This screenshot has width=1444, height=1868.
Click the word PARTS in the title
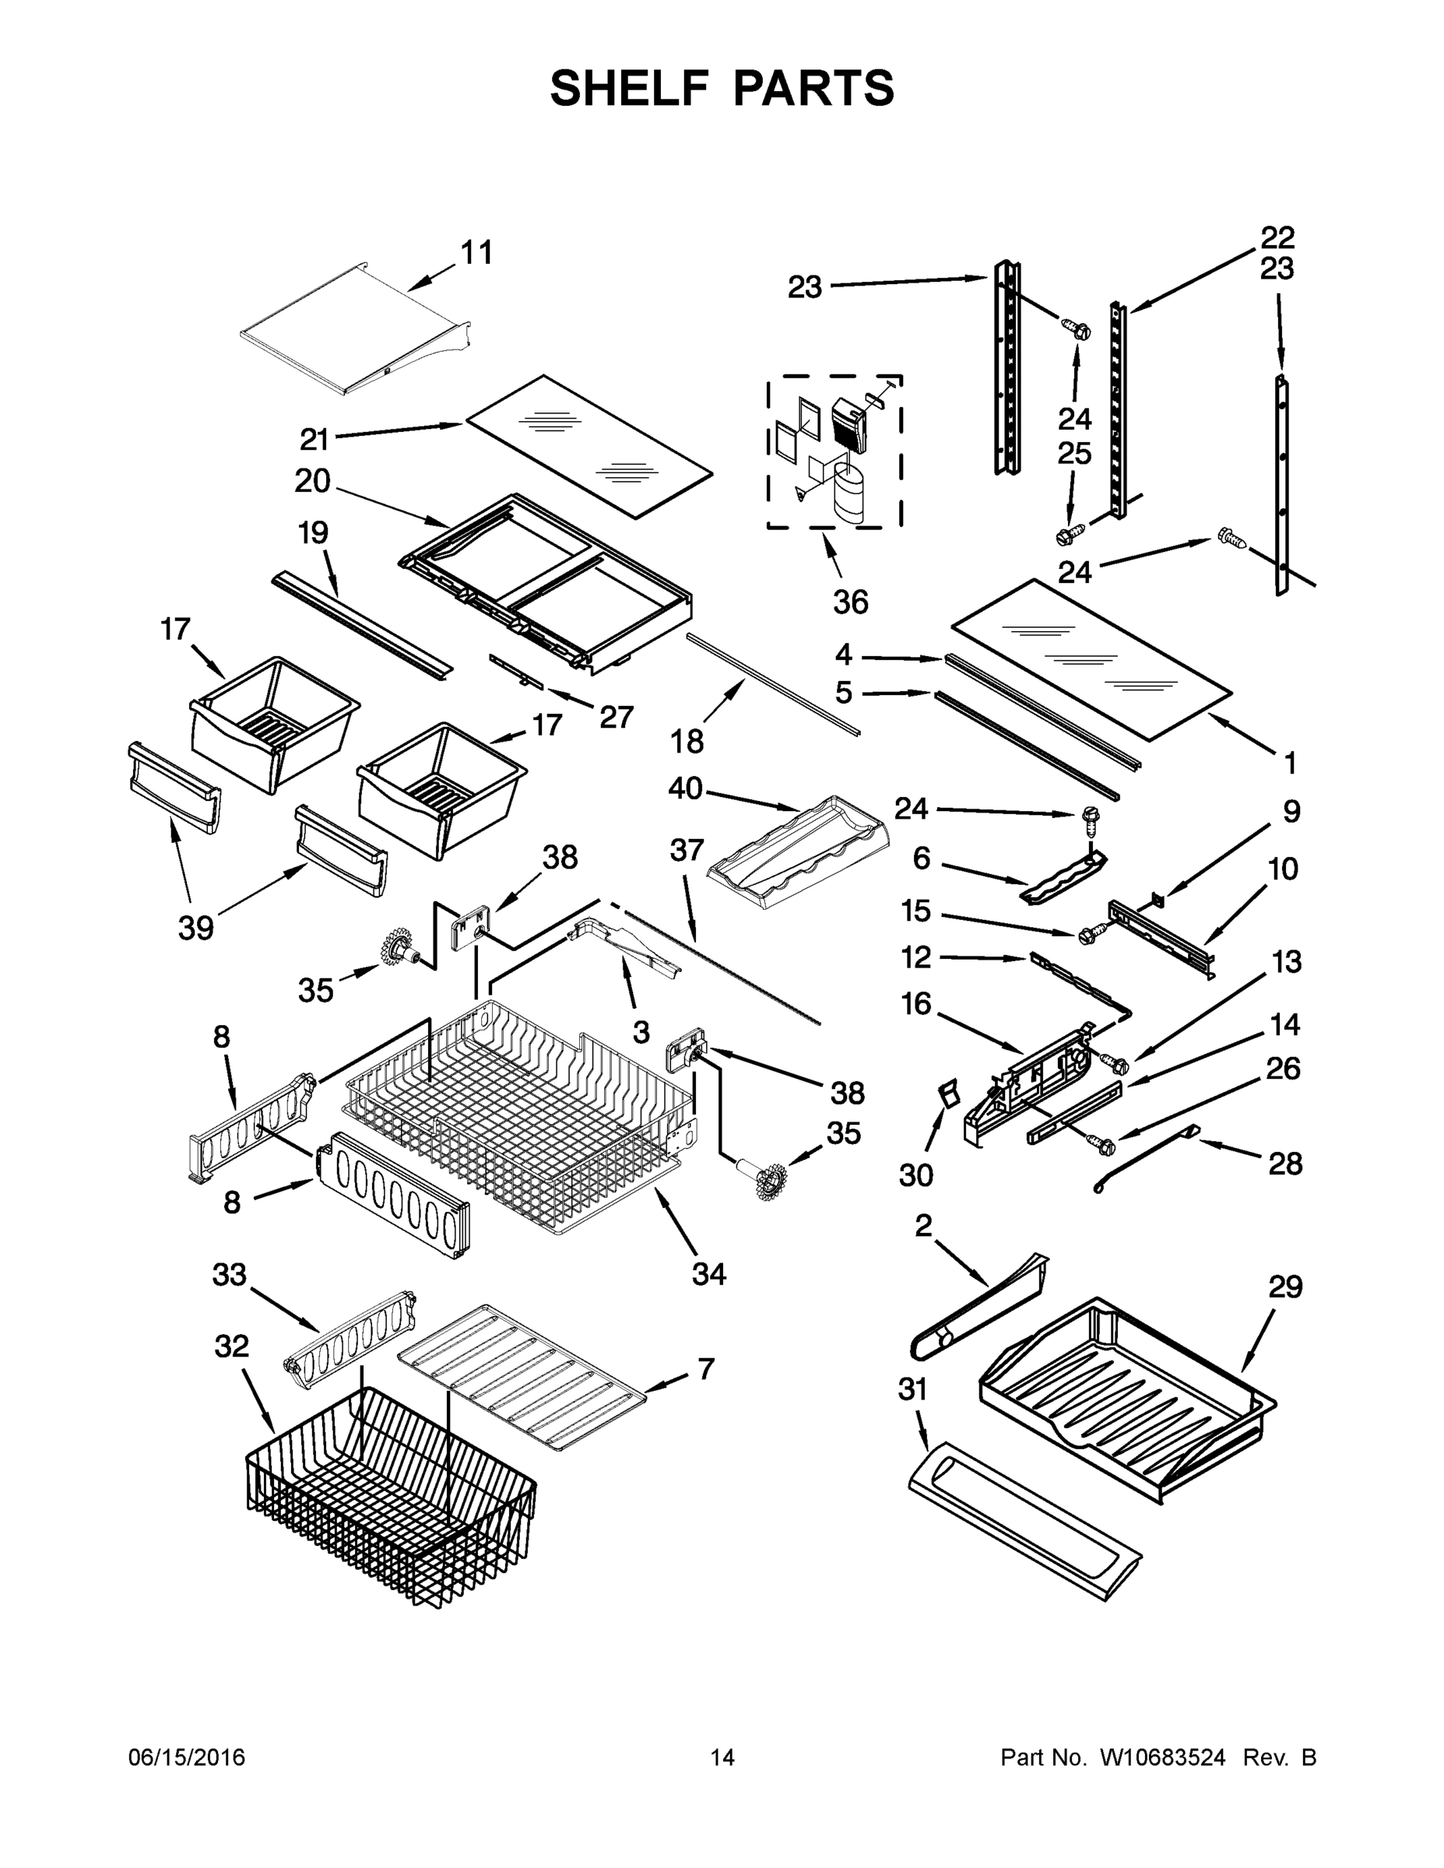(813, 89)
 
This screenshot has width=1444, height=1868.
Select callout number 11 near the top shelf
(476, 253)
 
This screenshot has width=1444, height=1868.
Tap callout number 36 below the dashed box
(850, 602)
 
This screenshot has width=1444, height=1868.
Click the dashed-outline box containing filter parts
(834, 451)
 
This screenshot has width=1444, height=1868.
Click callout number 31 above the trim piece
(913, 1389)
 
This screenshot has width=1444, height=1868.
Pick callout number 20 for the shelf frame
(312, 481)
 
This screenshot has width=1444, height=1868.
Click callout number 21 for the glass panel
(314, 440)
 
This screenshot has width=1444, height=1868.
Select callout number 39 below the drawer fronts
(195, 928)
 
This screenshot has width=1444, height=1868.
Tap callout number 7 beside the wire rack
(706, 1369)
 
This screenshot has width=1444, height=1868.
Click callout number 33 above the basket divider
(230, 1274)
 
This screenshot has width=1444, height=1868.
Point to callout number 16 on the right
(916, 1003)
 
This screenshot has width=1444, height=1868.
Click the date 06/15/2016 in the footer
(187, 1757)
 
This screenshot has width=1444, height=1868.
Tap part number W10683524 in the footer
(1161, 1757)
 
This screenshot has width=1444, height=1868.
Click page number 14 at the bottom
(722, 1757)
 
